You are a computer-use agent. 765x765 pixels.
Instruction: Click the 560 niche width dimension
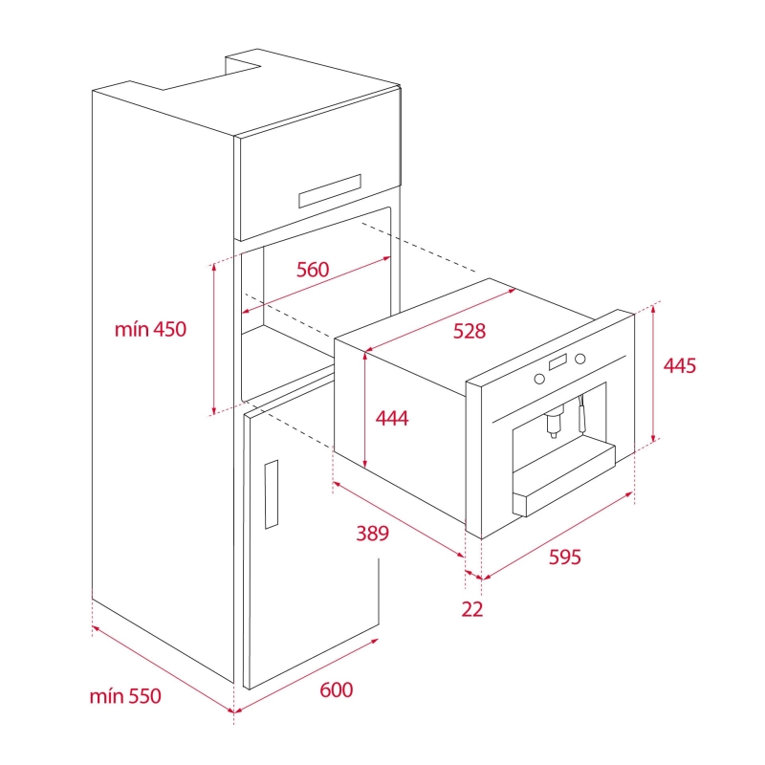coord(313,270)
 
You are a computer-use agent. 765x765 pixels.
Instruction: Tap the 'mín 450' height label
coord(150,329)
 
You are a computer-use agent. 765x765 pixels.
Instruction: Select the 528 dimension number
coord(470,331)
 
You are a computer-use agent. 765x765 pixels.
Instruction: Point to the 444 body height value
coord(392,418)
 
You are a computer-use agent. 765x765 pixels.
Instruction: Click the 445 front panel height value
coord(680,365)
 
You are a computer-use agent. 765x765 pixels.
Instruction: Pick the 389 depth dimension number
coord(372,534)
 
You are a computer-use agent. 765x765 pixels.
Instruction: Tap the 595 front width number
coord(565,557)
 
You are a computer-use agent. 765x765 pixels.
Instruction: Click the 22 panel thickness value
coord(472,609)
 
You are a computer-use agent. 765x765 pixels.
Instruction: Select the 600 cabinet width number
coord(337,689)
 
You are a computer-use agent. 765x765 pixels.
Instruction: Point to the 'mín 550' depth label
coord(125,696)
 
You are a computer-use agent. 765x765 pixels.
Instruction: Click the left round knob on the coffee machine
coord(539,379)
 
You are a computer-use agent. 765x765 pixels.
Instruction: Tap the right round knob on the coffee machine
coord(580,360)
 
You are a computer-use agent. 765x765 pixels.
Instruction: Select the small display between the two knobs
coord(558,362)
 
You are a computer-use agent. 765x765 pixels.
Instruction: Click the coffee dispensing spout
coord(554,421)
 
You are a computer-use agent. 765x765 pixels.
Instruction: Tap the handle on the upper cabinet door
coord(330,190)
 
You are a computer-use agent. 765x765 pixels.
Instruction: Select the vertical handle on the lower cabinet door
coord(272,494)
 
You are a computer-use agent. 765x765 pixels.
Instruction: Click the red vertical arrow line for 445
coord(654,373)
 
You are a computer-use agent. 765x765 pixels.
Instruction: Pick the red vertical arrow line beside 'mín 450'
coord(213,339)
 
